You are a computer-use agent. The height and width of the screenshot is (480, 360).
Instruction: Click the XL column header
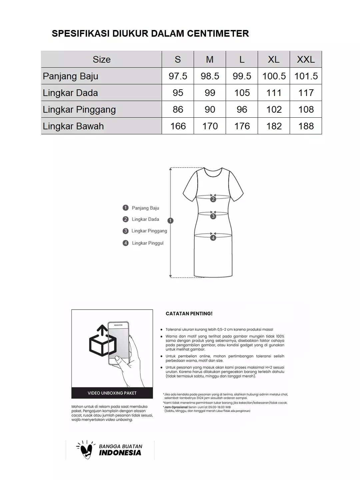(274, 59)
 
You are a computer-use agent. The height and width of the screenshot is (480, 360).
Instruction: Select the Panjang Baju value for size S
(178, 76)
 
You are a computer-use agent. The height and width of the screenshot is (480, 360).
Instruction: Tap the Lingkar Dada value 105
(242, 93)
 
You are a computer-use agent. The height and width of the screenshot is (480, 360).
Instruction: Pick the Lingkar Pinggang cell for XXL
(306, 109)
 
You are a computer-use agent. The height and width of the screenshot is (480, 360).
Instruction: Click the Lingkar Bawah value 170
(210, 126)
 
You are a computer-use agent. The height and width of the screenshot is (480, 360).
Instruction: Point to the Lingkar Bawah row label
(73, 126)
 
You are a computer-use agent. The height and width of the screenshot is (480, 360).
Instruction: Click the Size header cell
(101, 59)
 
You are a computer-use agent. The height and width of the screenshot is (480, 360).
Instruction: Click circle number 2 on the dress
(213, 199)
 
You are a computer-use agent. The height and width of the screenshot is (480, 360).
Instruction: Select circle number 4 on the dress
(213, 238)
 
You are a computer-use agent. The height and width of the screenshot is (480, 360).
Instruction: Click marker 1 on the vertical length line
(171, 220)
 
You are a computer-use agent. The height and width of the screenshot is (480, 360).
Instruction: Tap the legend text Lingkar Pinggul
(148, 243)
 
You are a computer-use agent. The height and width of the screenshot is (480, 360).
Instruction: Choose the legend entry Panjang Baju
(145, 208)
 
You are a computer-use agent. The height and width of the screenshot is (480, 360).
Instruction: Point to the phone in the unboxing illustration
(119, 343)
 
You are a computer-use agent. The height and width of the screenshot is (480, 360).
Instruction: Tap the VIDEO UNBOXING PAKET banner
(112, 393)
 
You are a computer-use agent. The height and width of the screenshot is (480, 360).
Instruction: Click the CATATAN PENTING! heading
(189, 314)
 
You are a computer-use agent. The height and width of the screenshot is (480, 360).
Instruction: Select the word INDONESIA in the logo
(120, 453)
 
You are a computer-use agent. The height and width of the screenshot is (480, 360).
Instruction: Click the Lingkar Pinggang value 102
(274, 109)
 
